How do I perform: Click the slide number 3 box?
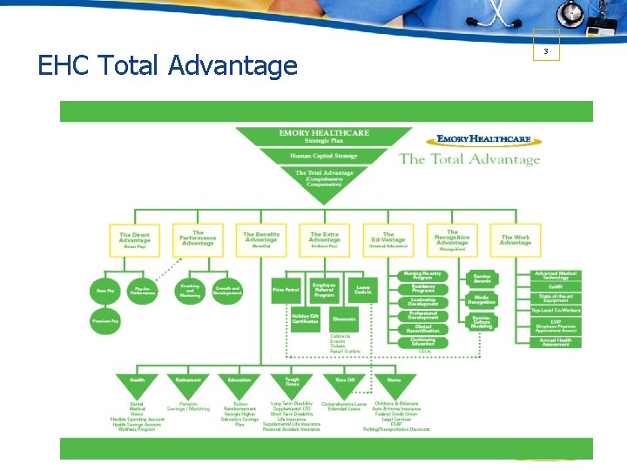545,51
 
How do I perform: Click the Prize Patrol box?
286,290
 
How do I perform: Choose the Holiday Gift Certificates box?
306,319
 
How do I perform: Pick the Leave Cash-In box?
363,290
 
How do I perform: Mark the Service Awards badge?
482,278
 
